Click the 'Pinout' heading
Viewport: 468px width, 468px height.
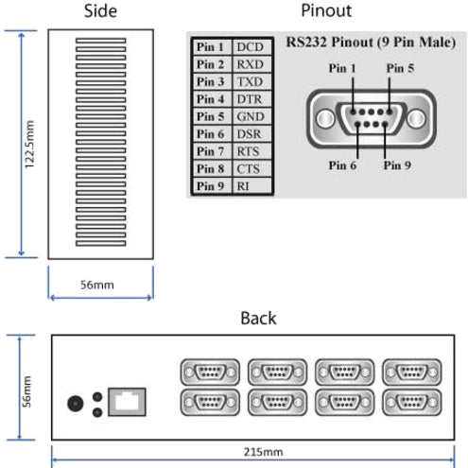pos(325,11)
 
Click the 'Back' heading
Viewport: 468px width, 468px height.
pos(258,318)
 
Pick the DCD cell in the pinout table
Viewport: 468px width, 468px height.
pos(251,46)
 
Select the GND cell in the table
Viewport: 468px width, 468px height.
pos(251,116)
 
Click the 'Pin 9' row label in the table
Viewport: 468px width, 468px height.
pos(210,186)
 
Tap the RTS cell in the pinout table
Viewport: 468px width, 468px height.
pos(251,151)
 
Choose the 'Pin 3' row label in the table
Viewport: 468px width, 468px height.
pos(210,81)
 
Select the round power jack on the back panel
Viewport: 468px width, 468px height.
pos(74,403)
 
